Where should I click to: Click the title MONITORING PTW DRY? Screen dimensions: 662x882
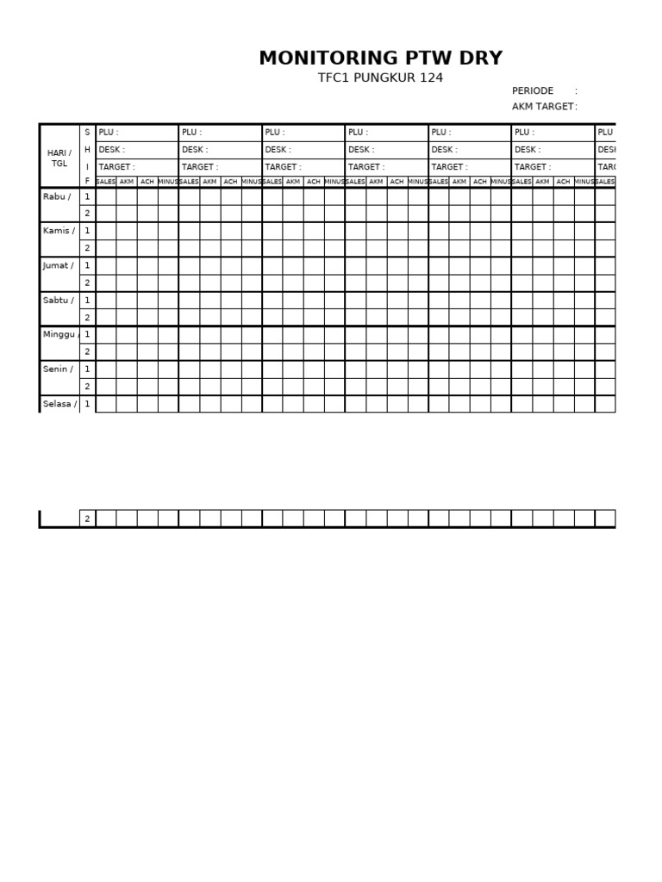click(x=380, y=58)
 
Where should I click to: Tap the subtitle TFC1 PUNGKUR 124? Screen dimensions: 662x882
click(x=380, y=78)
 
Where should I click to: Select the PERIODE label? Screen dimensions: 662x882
click(x=533, y=90)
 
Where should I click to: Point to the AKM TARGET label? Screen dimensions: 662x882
click(x=543, y=106)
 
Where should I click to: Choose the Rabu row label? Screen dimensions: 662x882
click(x=57, y=196)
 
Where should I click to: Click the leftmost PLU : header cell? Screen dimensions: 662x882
click(x=136, y=133)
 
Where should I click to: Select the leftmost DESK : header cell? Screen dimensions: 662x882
click(x=136, y=150)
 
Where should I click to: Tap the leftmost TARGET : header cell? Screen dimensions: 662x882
click(x=136, y=167)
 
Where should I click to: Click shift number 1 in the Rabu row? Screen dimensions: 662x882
click(x=87, y=196)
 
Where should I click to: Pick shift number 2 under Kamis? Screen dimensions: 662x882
click(x=87, y=248)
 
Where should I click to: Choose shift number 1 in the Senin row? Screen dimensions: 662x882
click(x=87, y=369)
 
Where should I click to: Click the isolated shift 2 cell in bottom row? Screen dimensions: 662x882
click(x=87, y=519)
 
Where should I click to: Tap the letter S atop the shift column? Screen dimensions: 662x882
click(x=87, y=133)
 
